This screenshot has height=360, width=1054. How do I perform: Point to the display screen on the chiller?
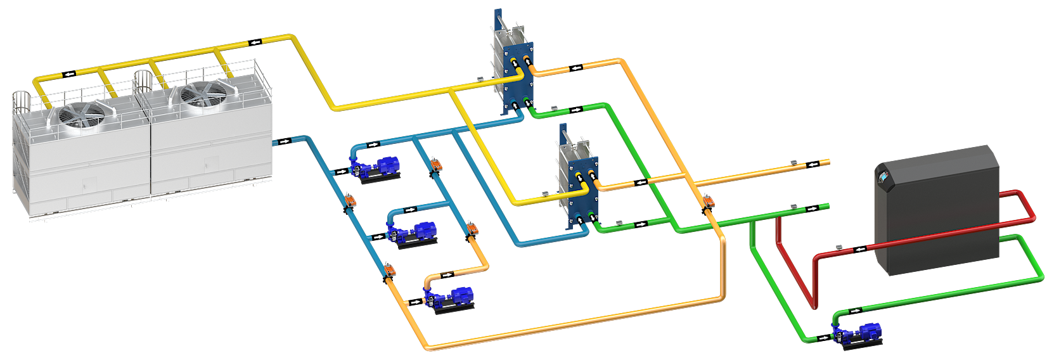tap(883, 178)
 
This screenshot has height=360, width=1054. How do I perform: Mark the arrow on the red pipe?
tap(860, 249)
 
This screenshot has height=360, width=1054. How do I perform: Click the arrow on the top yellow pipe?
tap(255, 42)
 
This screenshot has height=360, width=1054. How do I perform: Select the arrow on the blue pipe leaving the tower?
tap(285, 141)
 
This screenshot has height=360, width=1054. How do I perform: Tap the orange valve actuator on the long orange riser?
tap(707, 202)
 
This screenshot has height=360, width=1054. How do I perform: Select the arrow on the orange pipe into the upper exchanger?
tap(576, 68)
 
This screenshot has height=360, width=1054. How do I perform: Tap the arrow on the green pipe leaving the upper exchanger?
tap(576, 110)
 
